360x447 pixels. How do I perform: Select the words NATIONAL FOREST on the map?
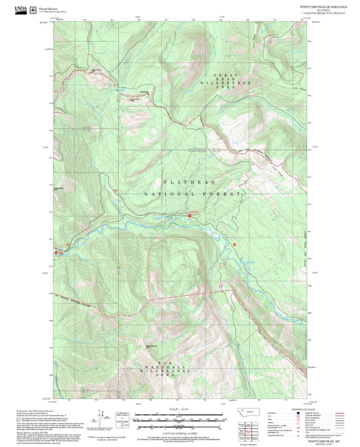coord(191,194)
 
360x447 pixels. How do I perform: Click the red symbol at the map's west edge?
coord(57,251)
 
